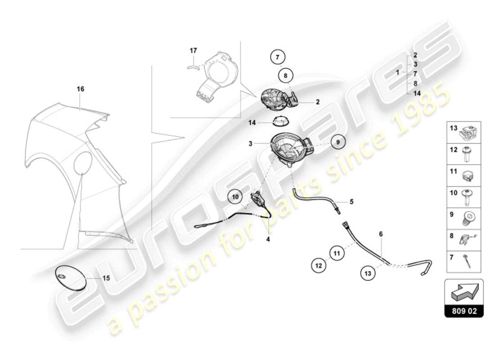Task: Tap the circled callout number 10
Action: click(234, 197)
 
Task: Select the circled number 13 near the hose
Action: click(368, 272)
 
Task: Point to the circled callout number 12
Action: click(319, 265)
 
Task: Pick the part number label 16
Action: click(80, 89)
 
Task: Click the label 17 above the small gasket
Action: click(193, 51)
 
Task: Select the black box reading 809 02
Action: click(464, 310)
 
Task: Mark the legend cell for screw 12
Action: click(464, 153)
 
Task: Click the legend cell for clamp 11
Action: click(464, 174)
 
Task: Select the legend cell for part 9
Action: click(464, 217)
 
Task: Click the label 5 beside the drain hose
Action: click(351, 202)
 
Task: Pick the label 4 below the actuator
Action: click(268, 239)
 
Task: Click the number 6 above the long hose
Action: click(381, 234)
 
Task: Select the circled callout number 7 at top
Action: click(278, 57)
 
